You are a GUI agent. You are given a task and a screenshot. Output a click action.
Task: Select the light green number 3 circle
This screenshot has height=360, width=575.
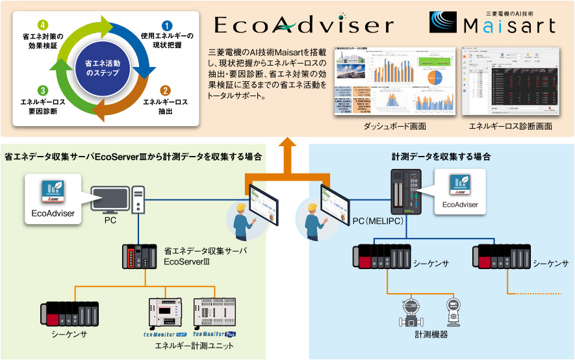pyautogui.click(x=42, y=91)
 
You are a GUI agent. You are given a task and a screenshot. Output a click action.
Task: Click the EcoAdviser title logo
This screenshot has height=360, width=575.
pyautogui.click(x=303, y=25)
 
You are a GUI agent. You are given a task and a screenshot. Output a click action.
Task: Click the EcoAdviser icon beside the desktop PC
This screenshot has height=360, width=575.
pyautogui.click(x=53, y=188)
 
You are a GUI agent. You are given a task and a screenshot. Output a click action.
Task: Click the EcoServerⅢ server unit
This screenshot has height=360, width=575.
pyautogui.click(x=139, y=257)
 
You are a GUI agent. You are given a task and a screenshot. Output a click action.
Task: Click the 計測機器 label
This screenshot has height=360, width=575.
pyautogui.click(x=431, y=335)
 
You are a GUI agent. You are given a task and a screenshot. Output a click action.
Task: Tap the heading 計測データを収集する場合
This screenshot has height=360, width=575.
pyautogui.click(x=441, y=157)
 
